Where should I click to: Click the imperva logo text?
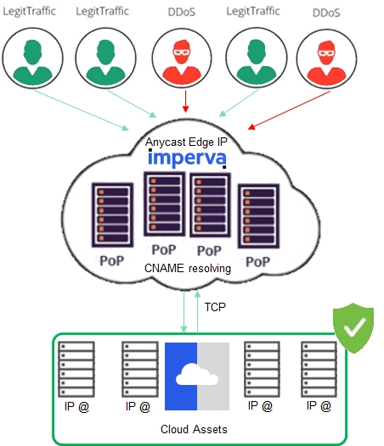tap(187, 159)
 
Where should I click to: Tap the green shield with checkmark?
tap(353, 327)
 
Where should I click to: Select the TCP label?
tap(215, 307)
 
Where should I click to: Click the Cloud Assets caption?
tap(194, 429)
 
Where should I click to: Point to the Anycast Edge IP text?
tap(186, 142)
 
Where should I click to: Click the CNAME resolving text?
tap(188, 269)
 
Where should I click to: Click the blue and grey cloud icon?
tap(197, 376)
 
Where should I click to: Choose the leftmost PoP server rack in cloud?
tap(113, 215)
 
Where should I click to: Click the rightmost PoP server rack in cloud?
tap(258, 216)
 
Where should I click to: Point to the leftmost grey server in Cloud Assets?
tap(76, 370)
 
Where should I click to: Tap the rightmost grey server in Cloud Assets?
tap(319, 369)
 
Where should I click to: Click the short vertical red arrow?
tap(185, 102)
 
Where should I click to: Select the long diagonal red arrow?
tap(289, 110)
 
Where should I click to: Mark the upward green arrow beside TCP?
tap(197, 311)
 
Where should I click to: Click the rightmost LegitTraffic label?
tap(253, 11)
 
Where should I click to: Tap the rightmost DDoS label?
tap(326, 13)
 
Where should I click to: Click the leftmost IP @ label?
tap(76, 407)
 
